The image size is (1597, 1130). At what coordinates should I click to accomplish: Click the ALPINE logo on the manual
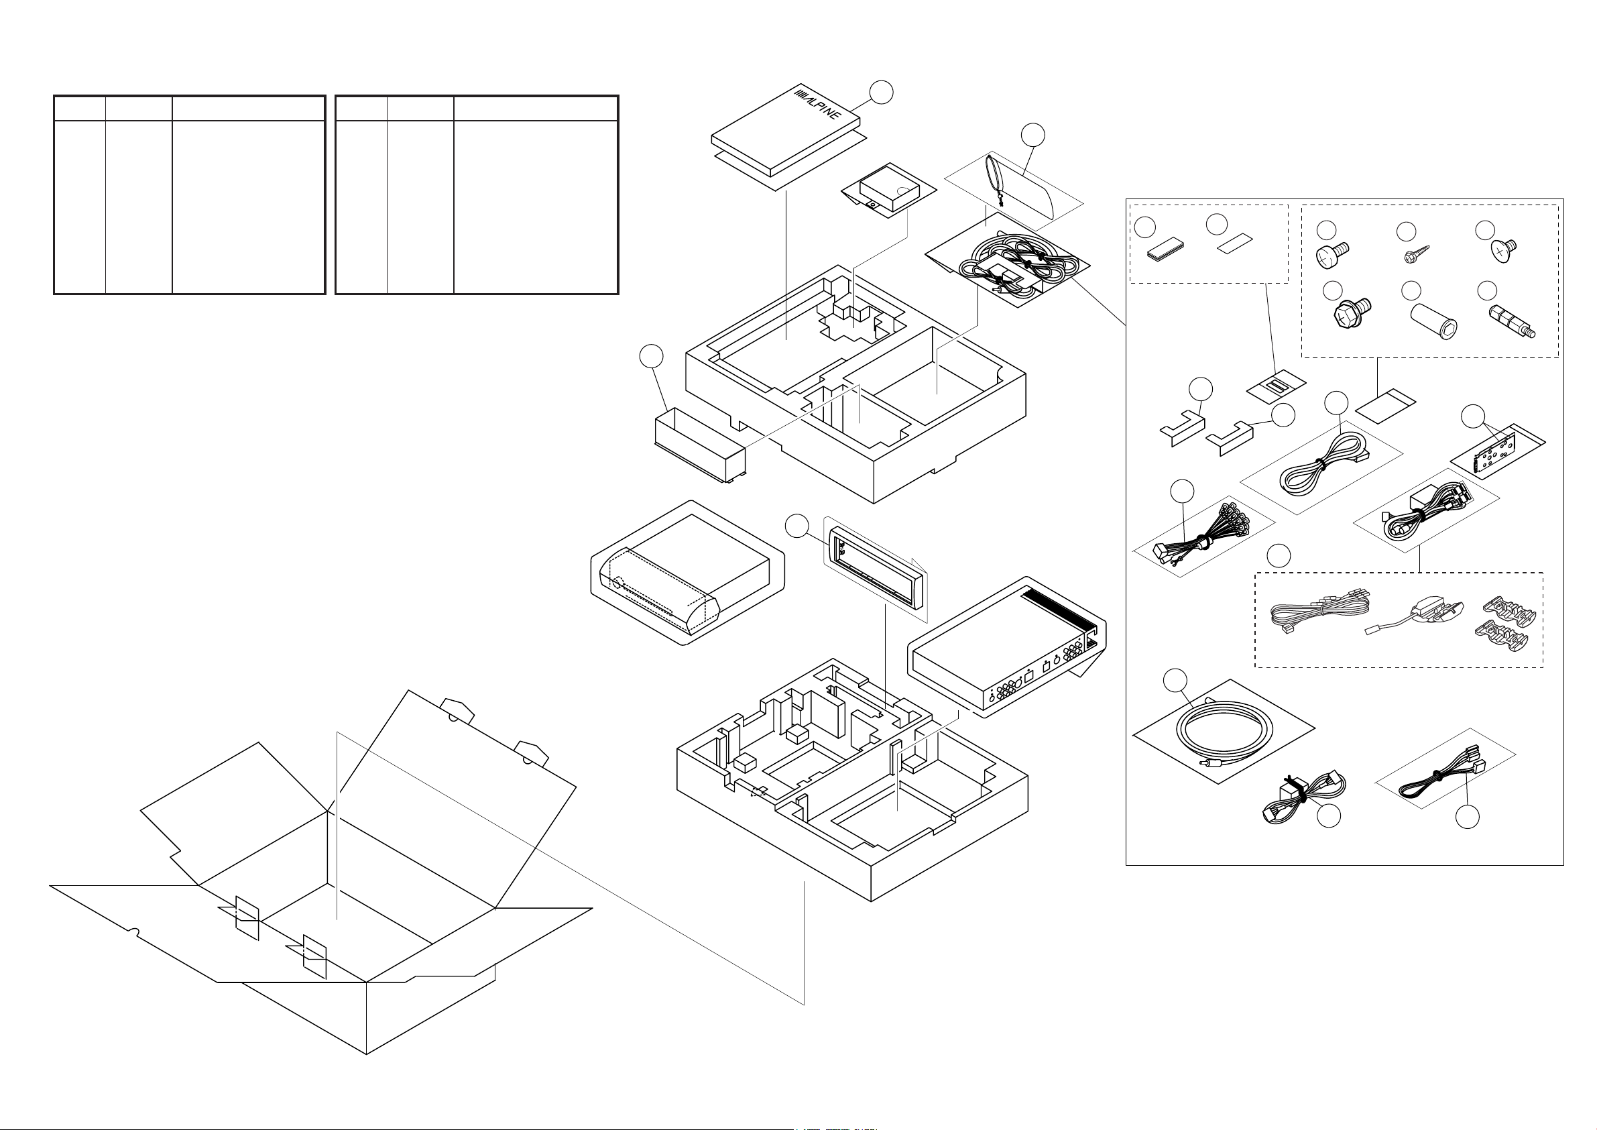818,105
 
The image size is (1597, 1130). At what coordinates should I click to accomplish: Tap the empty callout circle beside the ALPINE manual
882,92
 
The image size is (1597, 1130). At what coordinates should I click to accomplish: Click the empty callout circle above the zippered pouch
1034,135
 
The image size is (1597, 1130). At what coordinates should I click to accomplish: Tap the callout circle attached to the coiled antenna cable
1175,681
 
